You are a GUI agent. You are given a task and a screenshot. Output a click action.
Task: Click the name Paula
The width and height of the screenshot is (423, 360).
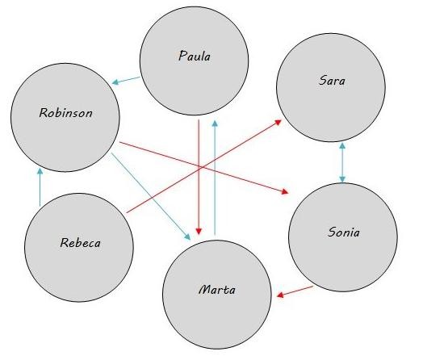coord(195,56)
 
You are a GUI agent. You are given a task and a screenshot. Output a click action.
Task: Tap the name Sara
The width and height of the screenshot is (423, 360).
coord(332,80)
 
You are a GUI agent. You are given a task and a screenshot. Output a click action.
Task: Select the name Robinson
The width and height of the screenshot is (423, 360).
coord(66,112)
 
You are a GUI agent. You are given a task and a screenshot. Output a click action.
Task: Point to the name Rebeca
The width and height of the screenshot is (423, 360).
coord(81,242)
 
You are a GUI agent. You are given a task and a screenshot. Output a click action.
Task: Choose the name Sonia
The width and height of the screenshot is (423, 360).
coord(344,232)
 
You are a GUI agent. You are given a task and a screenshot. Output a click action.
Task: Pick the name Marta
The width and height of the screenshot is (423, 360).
coord(217,290)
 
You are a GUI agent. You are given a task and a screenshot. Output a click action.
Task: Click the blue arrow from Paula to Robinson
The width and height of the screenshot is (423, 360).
coord(126,81)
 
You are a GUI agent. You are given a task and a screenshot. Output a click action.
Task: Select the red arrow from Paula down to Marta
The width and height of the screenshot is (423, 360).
coord(199,177)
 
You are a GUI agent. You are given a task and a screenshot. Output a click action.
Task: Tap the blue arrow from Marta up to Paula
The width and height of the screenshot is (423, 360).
coord(215,178)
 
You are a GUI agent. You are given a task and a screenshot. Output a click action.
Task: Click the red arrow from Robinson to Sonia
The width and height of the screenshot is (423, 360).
coord(204,168)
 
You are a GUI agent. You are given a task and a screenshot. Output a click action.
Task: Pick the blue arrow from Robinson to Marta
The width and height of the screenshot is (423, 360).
coord(151,196)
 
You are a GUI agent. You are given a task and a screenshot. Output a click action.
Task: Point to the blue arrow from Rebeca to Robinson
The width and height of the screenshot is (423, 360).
coord(40,187)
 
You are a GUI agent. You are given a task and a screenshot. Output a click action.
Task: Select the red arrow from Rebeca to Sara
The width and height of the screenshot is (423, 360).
coord(204,166)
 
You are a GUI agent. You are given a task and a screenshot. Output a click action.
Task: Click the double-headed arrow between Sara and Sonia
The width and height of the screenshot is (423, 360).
coord(342,162)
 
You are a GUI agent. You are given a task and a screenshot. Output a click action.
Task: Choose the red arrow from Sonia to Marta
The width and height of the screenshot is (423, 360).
coord(295,291)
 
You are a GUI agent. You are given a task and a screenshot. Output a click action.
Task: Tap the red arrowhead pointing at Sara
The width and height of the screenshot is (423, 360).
coord(279,123)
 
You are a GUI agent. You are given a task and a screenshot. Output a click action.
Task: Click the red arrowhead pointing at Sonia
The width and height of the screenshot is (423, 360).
coord(285,191)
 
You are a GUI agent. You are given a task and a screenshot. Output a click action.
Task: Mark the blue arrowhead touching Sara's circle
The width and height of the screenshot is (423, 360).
coord(342,145)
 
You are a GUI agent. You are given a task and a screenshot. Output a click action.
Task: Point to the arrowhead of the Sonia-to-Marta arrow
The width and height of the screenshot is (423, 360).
coord(280,295)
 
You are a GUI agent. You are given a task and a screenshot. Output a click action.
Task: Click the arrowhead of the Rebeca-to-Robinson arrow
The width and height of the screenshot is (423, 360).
coord(40,171)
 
